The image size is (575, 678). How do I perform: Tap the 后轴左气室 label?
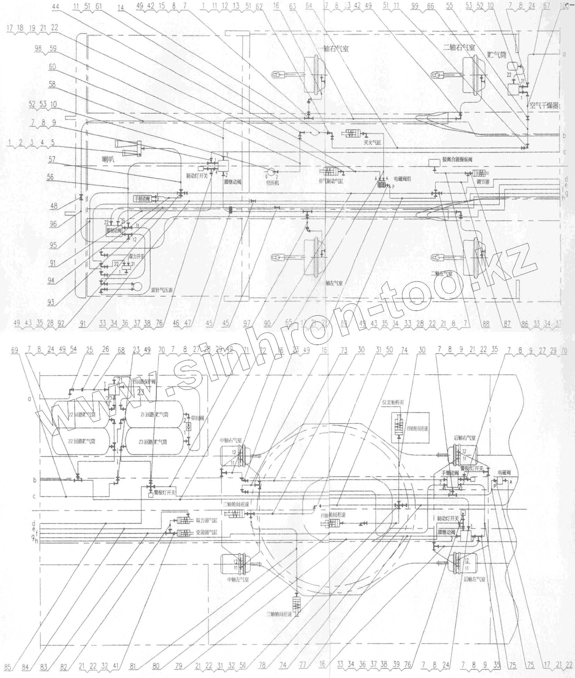(474, 579)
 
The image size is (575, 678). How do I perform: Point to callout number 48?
(54, 206)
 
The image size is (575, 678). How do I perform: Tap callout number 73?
(344, 350)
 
